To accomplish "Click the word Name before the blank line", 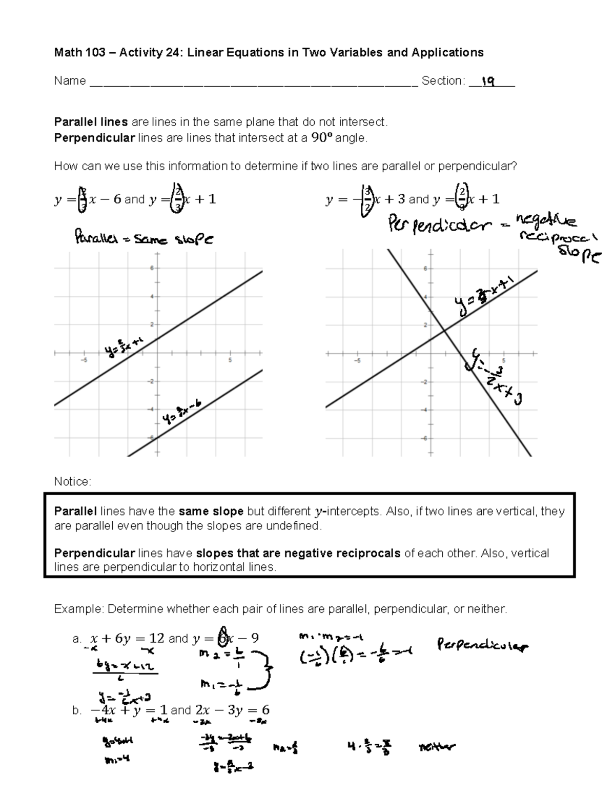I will click(70, 81).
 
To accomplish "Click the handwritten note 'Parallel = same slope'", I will click(143, 239).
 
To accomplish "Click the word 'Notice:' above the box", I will click(73, 482).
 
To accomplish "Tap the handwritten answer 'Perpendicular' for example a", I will click(482, 645).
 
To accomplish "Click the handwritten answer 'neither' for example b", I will click(437, 747).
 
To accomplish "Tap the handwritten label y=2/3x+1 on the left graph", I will click(123, 349).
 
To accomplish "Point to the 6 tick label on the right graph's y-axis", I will click(424, 268).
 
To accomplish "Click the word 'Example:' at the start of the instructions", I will click(78, 609).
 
